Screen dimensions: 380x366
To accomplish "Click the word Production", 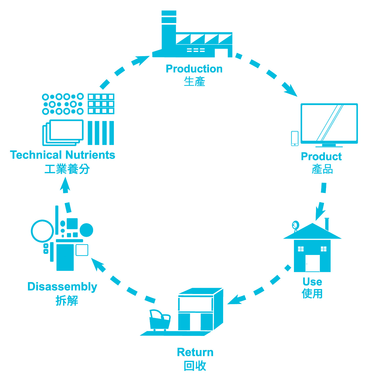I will [194, 69].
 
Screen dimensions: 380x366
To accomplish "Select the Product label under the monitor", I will [321, 157].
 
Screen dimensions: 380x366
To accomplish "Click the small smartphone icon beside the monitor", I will [295, 138].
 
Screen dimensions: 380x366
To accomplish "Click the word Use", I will [312, 282].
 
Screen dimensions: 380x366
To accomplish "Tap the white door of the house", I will [312, 263].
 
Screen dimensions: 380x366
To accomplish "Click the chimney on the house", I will [327, 224].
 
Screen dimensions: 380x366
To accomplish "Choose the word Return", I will [195, 352].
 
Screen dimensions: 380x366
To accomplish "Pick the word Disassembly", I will [62, 287].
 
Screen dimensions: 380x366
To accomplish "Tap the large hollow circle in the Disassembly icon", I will [42, 231].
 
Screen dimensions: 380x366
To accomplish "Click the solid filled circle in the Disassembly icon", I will [86, 230].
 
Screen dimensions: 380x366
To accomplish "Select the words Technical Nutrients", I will [63, 155].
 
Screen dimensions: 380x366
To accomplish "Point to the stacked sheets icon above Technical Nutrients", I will [63, 132].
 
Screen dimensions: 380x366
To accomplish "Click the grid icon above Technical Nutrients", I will [101, 104].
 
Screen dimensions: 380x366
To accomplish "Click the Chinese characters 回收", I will [195, 366].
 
